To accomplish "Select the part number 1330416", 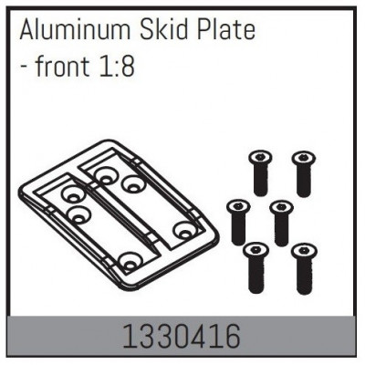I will [182, 338].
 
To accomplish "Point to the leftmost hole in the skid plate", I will [69, 194].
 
